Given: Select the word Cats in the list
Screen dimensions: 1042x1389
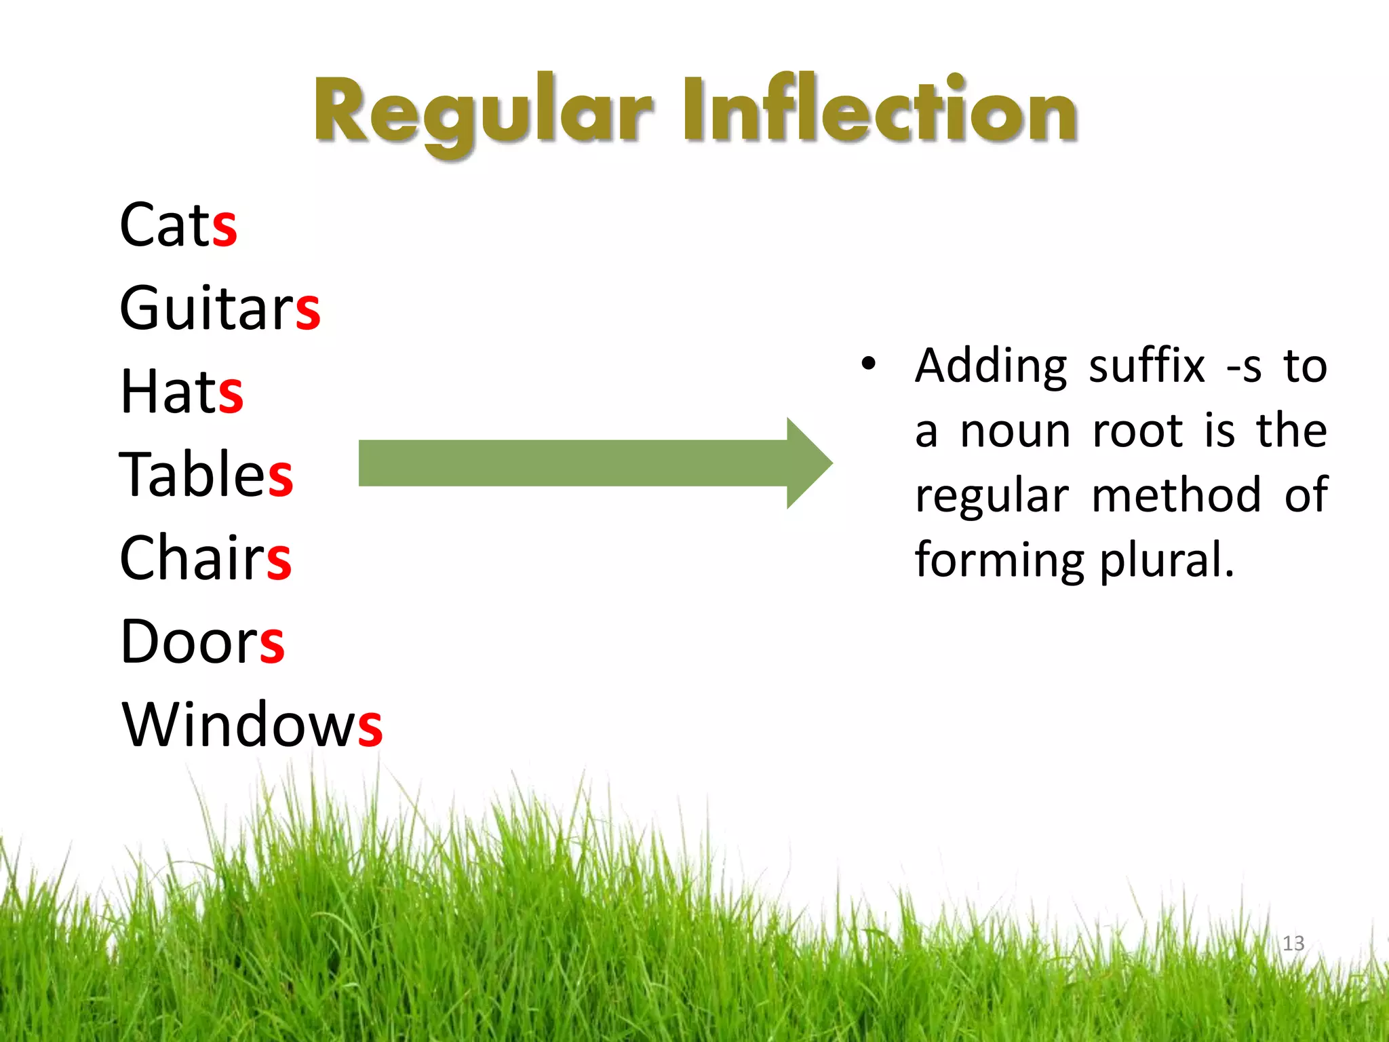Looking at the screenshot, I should pyautogui.click(x=178, y=225).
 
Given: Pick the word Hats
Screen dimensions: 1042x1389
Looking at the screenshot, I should pyautogui.click(x=181, y=391).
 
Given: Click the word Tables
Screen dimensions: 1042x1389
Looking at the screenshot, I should pyautogui.click(x=206, y=474).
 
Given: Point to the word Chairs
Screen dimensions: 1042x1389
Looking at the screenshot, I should pyautogui.click(x=205, y=558).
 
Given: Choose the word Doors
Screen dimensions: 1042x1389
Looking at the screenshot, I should pyautogui.click(x=202, y=642).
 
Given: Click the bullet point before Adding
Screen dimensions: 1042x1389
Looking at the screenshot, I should pyautogui.click(x=868, y=364).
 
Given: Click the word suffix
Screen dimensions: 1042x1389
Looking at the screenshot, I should pyautogui.click(x=1146, y=367).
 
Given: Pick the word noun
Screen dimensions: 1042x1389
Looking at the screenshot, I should pyautogui.click(x=1016, y=432).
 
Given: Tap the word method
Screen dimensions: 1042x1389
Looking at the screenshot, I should pyautogui.click(x=1177, y=495).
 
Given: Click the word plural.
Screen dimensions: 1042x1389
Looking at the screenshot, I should pyautogui.click(x=1167, y=560).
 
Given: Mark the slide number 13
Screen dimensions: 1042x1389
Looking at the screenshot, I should pyautogui.click(x=1293, y=943).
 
